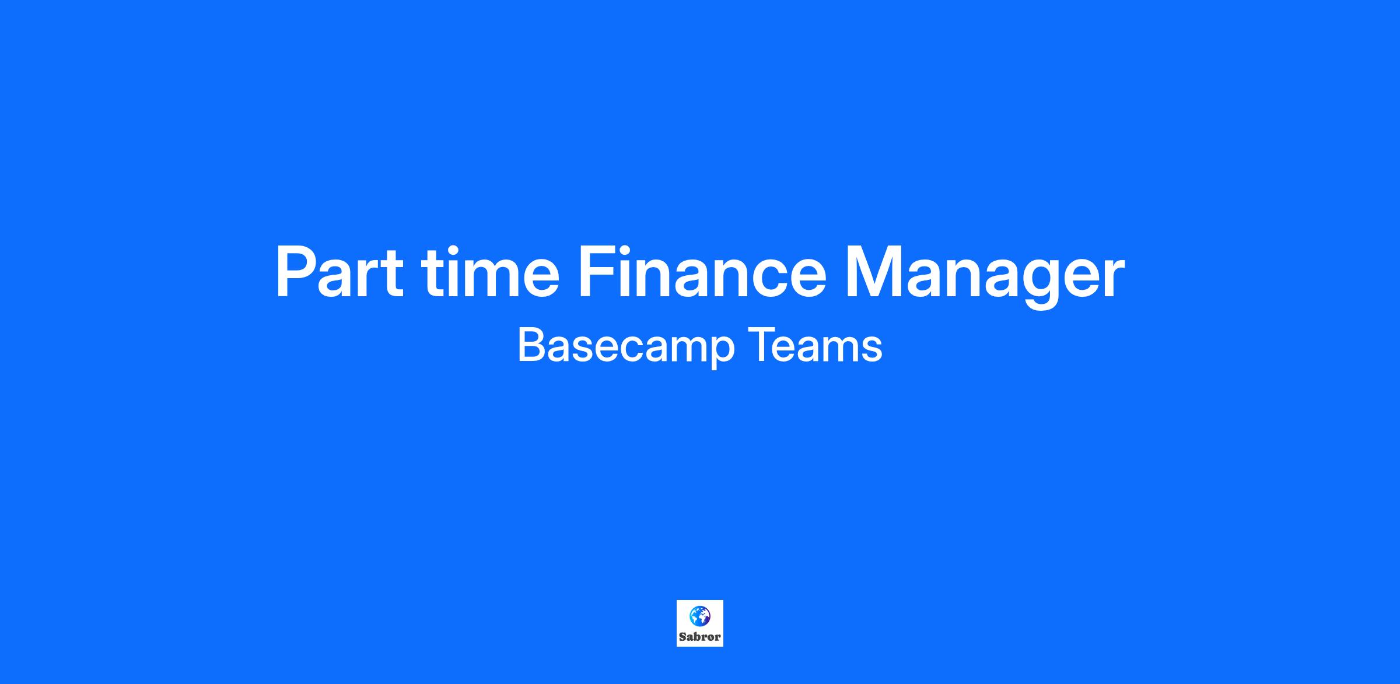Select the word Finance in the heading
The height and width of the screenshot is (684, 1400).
coord(702,272)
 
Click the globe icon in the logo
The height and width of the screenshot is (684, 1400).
coord(699,615)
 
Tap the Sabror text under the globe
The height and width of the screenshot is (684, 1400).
coord(700,637)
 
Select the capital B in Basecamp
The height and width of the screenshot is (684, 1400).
coord(531,345)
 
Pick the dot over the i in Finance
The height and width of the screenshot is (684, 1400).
coord(632,248)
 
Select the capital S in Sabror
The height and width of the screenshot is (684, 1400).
coord(682,637)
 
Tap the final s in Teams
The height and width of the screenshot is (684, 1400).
coord(873,349)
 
